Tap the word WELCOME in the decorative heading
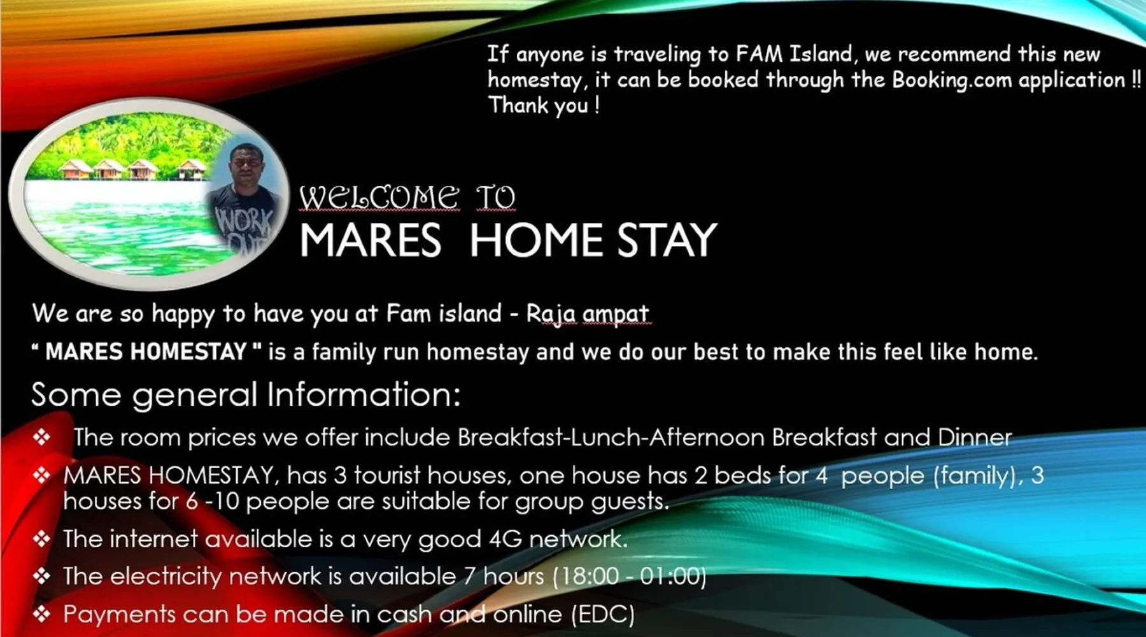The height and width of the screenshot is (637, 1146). (x=379, y=197)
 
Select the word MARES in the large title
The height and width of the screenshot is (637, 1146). (x=370, y=240)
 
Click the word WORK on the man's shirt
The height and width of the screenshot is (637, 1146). (x=244, y=221)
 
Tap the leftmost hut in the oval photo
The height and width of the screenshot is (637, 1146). (x=76, y=169)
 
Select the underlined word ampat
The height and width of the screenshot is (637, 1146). (x=616, y=314)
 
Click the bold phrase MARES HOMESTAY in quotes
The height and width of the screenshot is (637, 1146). (x=146, y=352)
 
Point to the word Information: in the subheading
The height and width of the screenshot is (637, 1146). (x=364, y=394)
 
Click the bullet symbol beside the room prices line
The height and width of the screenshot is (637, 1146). (x=41, y=437)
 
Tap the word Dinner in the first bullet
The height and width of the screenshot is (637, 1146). (x=974, y=437)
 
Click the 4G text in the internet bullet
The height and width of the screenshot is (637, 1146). (x=505, y=539)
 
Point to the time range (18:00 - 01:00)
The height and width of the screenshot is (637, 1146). (x=629, y=576)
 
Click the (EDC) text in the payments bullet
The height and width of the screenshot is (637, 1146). (x=602, y=615)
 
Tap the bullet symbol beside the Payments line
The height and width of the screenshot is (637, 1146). (x=41, y=614)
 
